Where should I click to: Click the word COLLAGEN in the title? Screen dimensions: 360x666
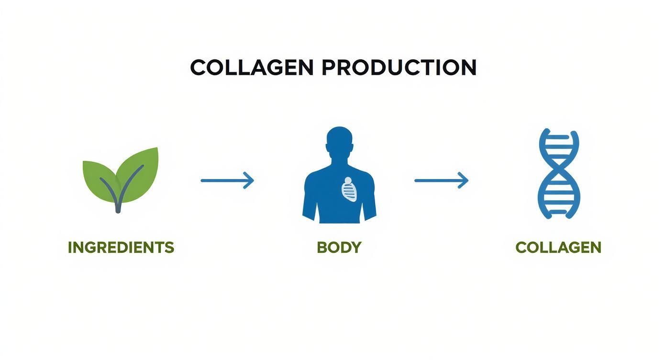pyautogui.click(x=252, y=67)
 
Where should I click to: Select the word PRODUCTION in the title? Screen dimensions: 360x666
pyautogui.click(x=399, y=67)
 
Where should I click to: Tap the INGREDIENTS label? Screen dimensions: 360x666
pyautogui.click(x=121, y=247)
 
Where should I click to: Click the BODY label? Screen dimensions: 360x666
pyautogui.click(x=339, y=247)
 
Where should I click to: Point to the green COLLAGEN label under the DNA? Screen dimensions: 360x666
pyautogui.click(x=558, y=247)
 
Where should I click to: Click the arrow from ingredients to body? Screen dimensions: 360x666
pyautogui.click(x=227, y=180)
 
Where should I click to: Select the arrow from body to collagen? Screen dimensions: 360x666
pyautogui.click(x=441, y=180)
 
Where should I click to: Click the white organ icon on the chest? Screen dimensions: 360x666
pyautogui.click(x=349, y=190)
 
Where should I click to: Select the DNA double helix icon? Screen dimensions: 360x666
pyautogui.click(x=558, y=173)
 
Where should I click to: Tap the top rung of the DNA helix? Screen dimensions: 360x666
pyautogui.click(x=558, y=137)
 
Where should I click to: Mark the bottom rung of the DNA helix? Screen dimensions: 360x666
pyautogui.click(x=558, y=211)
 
